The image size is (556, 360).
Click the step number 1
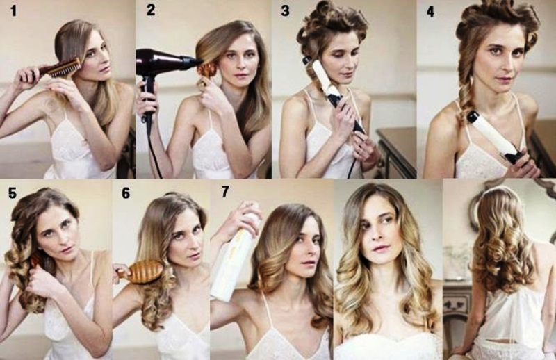tap(13, 10)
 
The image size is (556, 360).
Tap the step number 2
tap(151, 10)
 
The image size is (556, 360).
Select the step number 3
tap(285, 10)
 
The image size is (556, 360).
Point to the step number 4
tap(430, 11)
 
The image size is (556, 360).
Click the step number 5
tap(13, 193)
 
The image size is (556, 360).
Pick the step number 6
tap(126, 193)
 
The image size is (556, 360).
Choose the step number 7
tap(225, 191)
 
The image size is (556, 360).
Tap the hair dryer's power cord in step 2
tap(153, 149)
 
